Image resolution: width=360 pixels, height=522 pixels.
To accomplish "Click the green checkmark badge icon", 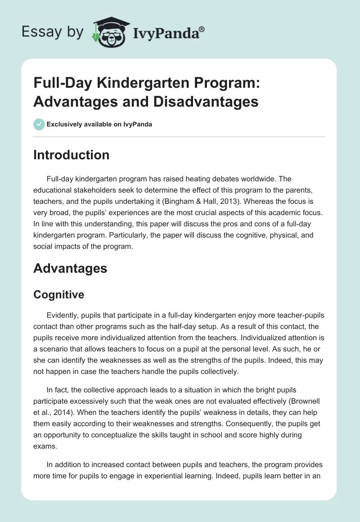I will click(x=39, y=124).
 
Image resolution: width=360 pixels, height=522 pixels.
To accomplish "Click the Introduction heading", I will click(x=72, y=155).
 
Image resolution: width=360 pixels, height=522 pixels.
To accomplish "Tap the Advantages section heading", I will click(x=70, y=269).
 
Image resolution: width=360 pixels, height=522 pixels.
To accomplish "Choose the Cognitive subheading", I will click(x=59, y=295).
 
